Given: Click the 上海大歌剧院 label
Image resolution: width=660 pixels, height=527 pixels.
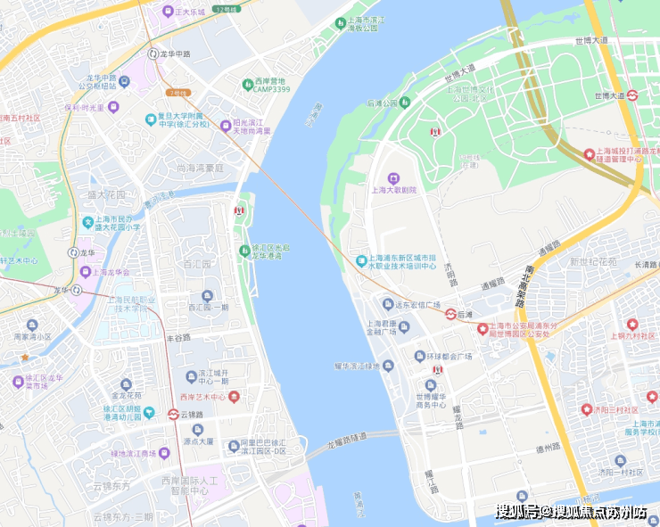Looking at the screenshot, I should (x=393, y=190).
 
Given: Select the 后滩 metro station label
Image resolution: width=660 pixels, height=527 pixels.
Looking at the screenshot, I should (x=465, y=315).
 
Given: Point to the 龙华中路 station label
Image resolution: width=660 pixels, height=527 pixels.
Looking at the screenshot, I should (x=176, y=54).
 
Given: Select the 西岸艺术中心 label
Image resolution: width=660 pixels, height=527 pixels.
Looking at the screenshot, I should (x=202, y=397).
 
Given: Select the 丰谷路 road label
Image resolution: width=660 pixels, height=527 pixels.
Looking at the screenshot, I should (x=178, y=337).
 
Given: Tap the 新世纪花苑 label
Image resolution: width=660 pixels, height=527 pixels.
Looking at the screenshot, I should (x=592, y=261).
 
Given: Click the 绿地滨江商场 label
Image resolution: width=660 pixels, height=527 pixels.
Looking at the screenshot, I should (x=140, y=454).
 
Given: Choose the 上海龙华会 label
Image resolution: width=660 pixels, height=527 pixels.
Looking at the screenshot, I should (x=112, y=273).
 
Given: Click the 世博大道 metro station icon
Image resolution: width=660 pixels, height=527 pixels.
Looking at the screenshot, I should (x=631, y=95).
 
